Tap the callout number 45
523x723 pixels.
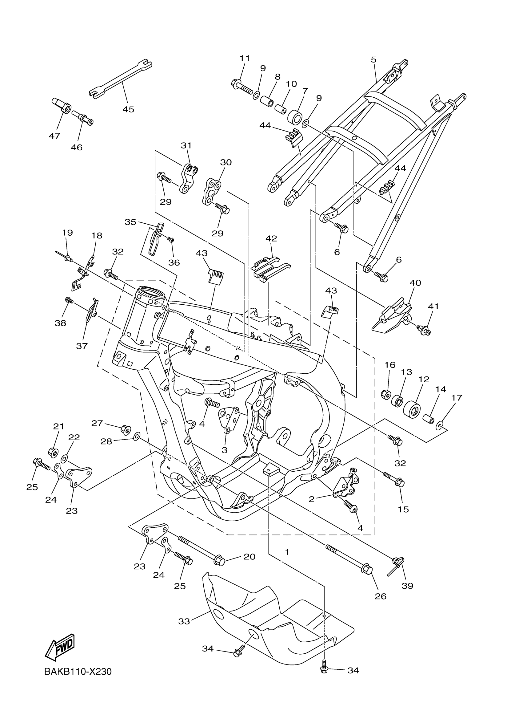click(x=128, y=109)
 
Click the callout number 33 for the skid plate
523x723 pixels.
click(x=184, y=621)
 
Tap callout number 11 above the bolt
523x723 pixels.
click(x=245, y=58)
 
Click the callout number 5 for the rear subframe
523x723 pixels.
click(x=373, y=60)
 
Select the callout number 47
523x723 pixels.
click(x=54, y=136)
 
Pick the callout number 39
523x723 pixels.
click(x=407, y=586)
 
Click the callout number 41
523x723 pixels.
click(x=433, y=306)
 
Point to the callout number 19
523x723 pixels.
click(x=67, y=233)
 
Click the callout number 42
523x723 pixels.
click(x=271, y=238)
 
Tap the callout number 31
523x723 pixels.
click(x=186, y=145)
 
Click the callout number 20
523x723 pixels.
click(x=249, y=557)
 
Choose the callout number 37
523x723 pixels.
click(x=82, y=346)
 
